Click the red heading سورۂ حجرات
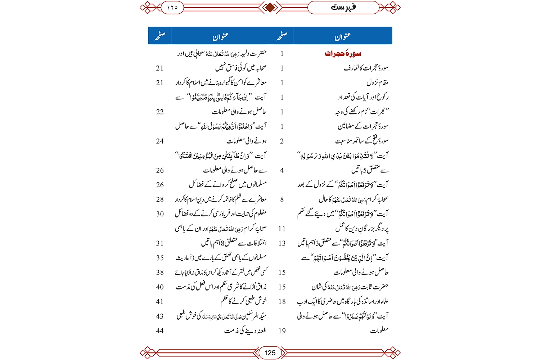(x=343, y=54)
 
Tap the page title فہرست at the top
(x=343, y=7)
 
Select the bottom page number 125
(x=270, y=353)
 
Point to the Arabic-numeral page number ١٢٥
(x=172, y=7)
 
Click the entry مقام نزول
(x=377, y=82)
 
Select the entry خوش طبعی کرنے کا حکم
(x=244, y=301)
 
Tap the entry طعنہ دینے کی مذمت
(x=245, y=330)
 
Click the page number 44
(x=160, y=330)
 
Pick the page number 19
(x=282, y=330)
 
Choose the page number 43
(x=160, y=316)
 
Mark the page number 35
(x=160, y=258)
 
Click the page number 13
(x=282, y=243)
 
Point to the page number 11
(x=282, y=229)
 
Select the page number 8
(x=282, y=199)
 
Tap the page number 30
(x=160, y=214)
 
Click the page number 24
(x=160, y=141)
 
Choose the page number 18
(x=282, y=301)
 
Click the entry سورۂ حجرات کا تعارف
(x=366, y=68)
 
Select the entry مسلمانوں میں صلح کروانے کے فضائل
(x=228, y=184)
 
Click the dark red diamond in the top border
(x=270, y=7)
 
